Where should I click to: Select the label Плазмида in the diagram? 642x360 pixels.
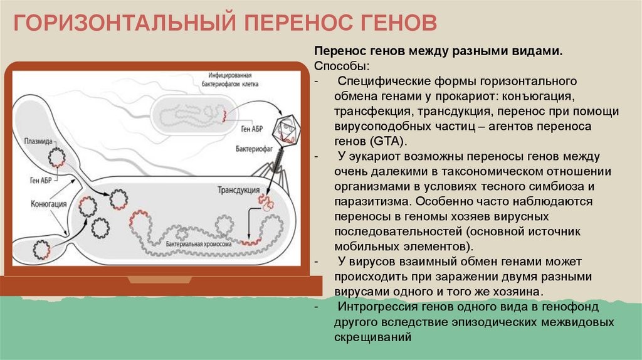[x=39, y=142]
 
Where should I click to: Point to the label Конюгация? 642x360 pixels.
[x=48, y=204]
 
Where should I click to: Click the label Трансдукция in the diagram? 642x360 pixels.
[x=239, y=189]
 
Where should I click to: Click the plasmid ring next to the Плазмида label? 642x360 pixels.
[x=58, y=156]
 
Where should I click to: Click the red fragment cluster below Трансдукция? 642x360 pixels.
[x=266, y=201]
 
